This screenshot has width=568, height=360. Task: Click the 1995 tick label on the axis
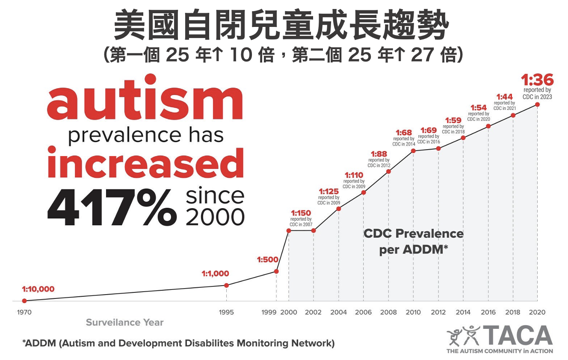(226, 313)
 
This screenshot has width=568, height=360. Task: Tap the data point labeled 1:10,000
(24, 301)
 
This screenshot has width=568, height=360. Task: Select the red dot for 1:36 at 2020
(538, 104)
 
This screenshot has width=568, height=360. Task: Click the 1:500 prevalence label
(268, 259)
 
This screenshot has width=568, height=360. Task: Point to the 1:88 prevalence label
(379, 153)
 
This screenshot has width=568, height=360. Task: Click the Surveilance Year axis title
(124, 322)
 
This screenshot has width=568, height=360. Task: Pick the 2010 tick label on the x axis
(413, 313)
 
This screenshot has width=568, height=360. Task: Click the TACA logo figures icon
(463, 336)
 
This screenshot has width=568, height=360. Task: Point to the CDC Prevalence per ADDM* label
(413, 242)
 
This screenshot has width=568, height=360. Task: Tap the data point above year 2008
(388, 172)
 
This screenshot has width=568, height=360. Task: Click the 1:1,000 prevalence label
(215, 274)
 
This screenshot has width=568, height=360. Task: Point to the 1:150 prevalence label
(302, 213)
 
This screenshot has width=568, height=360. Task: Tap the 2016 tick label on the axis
(488, 313)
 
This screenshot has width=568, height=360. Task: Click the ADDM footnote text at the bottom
(178, 343)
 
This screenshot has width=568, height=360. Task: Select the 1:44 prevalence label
(504, 97)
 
